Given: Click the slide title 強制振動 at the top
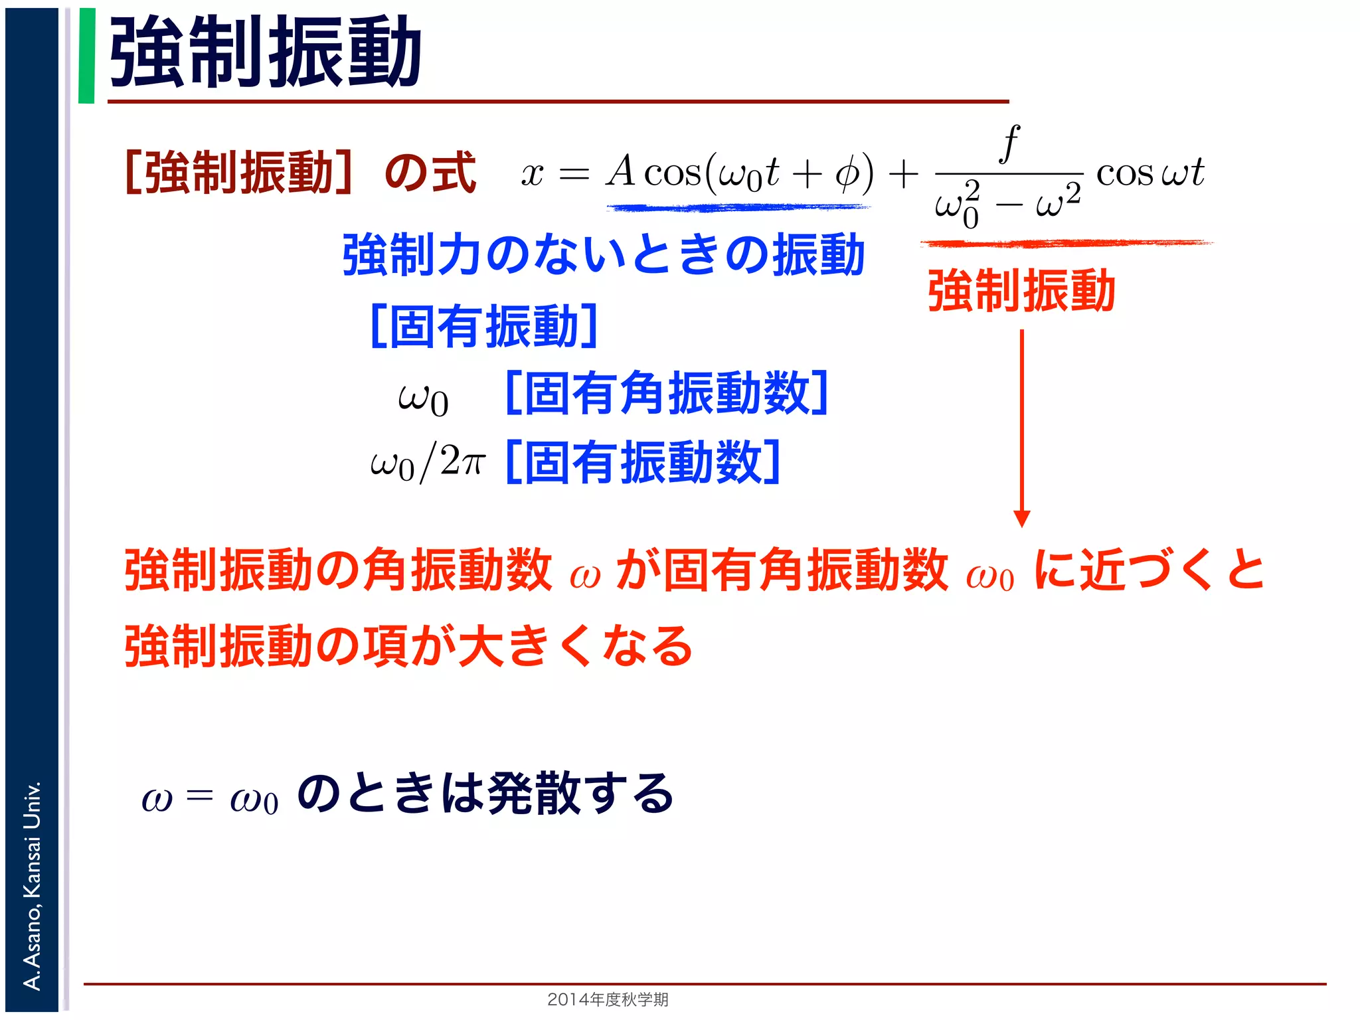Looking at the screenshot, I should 266,53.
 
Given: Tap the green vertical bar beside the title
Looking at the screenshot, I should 86,56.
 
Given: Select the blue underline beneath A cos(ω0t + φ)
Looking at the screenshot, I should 737,208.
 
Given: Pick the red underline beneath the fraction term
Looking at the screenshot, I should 1066,244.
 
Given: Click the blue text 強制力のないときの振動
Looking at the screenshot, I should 603,255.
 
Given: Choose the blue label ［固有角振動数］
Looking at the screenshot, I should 666,393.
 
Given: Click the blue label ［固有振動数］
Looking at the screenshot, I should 643,462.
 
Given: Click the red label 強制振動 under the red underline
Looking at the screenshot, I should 1021,291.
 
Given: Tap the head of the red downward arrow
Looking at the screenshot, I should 1022,519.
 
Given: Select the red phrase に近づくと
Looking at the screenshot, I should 1149,570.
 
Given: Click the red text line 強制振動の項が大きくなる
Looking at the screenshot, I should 408,645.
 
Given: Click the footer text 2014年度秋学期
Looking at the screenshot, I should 608,999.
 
